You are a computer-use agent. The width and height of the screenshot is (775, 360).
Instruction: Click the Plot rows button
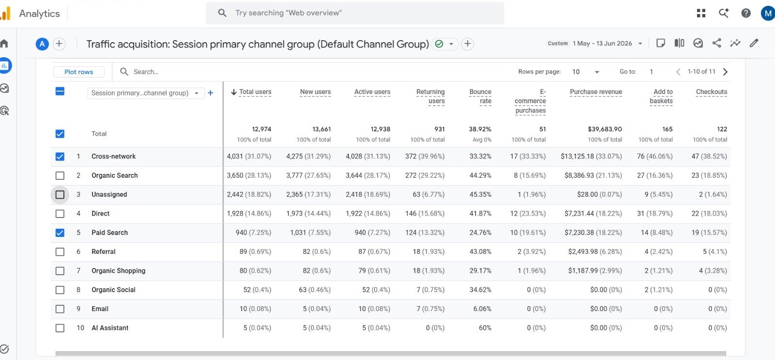coord(79,72)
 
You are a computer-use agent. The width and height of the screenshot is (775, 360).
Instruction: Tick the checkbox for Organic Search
coord(60,175)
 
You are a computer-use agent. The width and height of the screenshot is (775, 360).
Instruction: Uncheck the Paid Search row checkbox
coord(60,233)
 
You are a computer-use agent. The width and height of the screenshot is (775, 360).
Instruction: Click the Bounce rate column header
coord(480,96)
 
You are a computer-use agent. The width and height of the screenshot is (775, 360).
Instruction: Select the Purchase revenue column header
coord(596,92)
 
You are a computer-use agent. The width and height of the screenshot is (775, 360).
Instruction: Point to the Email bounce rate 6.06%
coord(482,309)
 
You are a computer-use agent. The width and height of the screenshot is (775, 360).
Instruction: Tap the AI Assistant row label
coord(109,328)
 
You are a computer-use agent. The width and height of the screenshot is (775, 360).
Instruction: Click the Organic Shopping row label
coord(118,271)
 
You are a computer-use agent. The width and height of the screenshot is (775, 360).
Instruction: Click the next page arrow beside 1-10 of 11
coord(725,72)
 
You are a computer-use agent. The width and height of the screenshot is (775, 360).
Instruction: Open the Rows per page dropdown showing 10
coord(586,72)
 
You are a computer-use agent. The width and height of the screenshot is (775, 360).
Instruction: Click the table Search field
coord(146,72)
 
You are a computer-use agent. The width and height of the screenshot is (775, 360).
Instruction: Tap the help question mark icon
coord(745,13)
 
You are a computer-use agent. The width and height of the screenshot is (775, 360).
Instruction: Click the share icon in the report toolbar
coord(716,43)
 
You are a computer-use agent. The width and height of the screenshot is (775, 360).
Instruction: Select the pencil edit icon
coord(754,43)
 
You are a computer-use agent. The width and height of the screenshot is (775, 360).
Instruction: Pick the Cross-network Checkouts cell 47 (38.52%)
coord(709,157)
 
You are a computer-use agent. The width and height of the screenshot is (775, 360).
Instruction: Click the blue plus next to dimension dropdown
coord(210,93)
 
